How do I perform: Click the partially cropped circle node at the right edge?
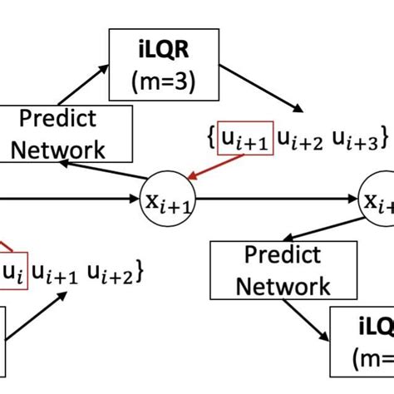coord(378,199)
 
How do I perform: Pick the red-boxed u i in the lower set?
coord(12,272)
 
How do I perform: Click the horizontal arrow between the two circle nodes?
coord(275,199)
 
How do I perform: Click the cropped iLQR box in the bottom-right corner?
coord(362,349)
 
